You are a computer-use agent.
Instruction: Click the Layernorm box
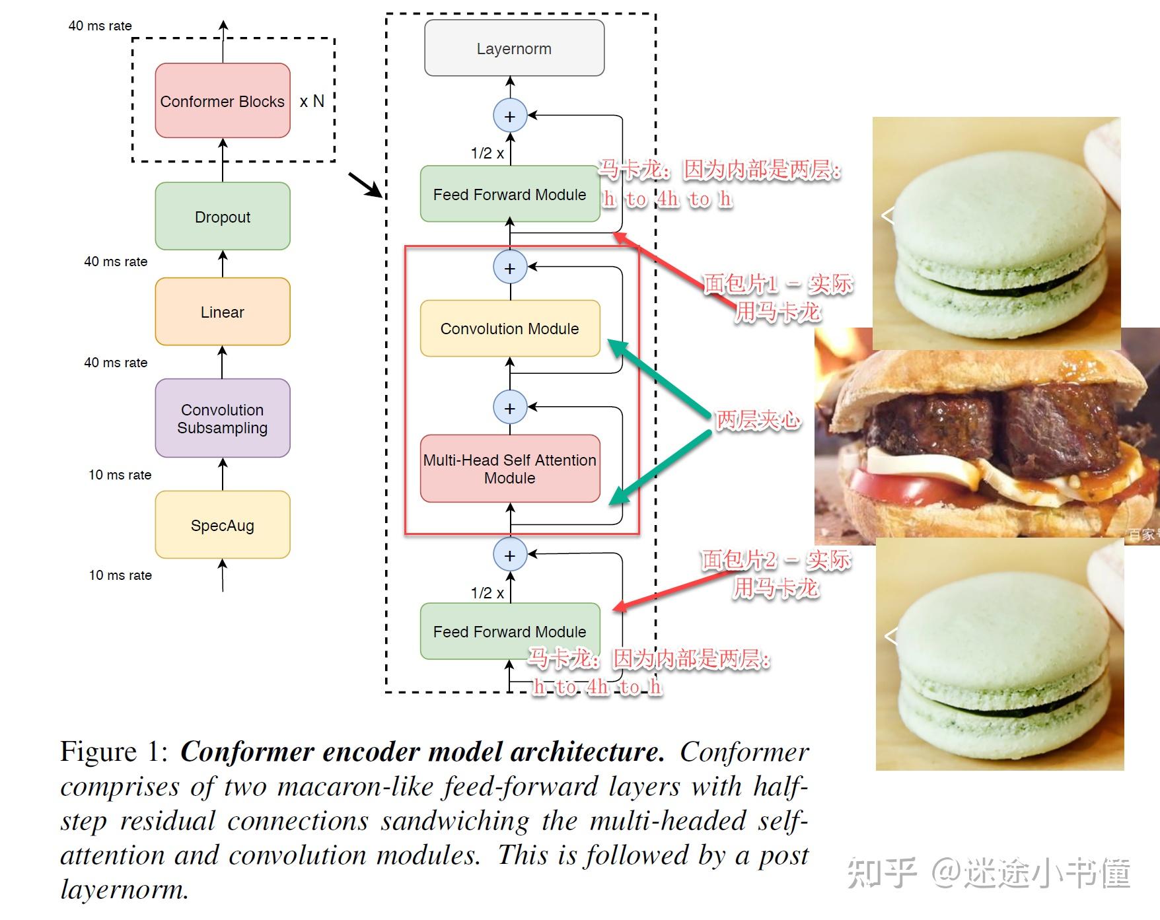pyautogui.click(x=514, y=48)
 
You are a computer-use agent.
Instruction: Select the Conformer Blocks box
pyautogui.click(x=223, y=101)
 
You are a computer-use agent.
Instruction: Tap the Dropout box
pyautogui.click(x=223, y=217)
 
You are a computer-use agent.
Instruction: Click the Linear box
pyautogui.click(x=223, y=312)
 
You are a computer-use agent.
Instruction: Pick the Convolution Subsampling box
pyautogui.click(x=223, y=418)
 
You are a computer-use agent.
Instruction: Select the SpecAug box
pyautogui.click(x=223, y=525)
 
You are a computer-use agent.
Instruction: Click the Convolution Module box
pyautogui.click(x=509, y=328)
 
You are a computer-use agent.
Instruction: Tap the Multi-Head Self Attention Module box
pyautogui.click(x=509, y=468)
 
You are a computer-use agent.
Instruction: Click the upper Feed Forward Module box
pyautogui.click(x=509, y=194)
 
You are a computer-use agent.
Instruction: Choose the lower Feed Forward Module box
pyautogui.click(x=509, y=631)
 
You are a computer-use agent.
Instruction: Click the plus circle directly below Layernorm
pyautogui.click(x=509, y=116)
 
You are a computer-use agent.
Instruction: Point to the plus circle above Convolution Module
pyautogui.click(x=509, y=268)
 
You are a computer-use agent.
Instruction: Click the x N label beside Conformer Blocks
pyautogui.click(x=312, y=101)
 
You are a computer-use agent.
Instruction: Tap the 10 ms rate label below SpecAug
pyautogui.click(x=120, y=575)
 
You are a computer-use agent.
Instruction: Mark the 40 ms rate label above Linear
pyautogui.click(x=116, y=262)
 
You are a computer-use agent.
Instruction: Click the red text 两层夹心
pyautogui.click(x=758, y=419)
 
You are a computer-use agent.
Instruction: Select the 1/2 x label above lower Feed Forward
pyautogui.click(x=487, y=593)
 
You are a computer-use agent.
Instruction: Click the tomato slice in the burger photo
pyautogui.click(x=885, y=489)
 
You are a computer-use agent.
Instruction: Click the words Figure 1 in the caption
pyautogui.click(x=114, y=752)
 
